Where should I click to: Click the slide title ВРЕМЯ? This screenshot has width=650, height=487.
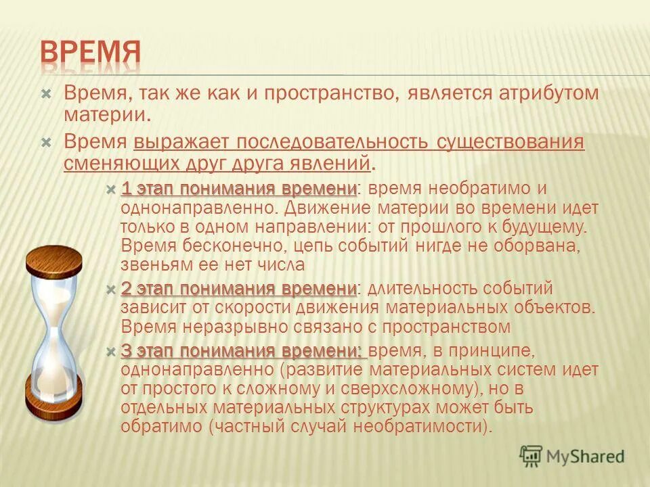[89, 53]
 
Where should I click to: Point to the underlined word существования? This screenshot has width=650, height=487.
[510, 143]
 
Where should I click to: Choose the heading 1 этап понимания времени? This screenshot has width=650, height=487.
[239, 188]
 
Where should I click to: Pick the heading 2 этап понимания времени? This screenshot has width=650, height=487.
[239, 289]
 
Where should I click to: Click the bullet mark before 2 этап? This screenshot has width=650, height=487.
[112, 289]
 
